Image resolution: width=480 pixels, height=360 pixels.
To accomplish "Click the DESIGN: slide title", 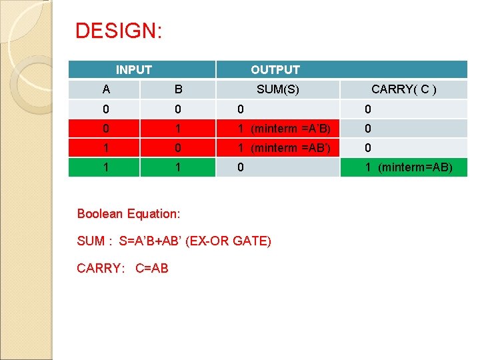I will click(x=118, y=31).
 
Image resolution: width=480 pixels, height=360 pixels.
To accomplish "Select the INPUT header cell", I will click(x=134, y=69).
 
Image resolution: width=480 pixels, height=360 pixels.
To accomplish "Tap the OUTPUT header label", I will click(x=275, y=69).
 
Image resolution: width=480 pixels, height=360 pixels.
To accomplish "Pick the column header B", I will click(x=178, y=89).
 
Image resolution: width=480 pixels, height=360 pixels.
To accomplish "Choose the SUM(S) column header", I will click(x=277, y=89).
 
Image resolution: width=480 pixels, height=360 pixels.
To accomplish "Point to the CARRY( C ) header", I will click(x=404, y=89).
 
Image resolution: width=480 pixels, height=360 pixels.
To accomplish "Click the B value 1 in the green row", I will click(x=178, y=167).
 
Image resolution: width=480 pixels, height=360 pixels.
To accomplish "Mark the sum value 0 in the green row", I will click(x=242, y=167).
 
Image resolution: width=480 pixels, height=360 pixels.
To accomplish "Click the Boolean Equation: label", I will click(x=129, y=213).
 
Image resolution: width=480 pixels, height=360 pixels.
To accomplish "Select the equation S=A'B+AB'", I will click(x=153, y=241).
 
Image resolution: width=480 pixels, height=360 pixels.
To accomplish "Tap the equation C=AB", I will click(x=151, y=268).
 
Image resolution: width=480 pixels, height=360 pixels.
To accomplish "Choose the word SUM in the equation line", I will click(x=91, y=241).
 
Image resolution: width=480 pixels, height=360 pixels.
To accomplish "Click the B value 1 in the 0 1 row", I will click(x=178, y=129).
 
